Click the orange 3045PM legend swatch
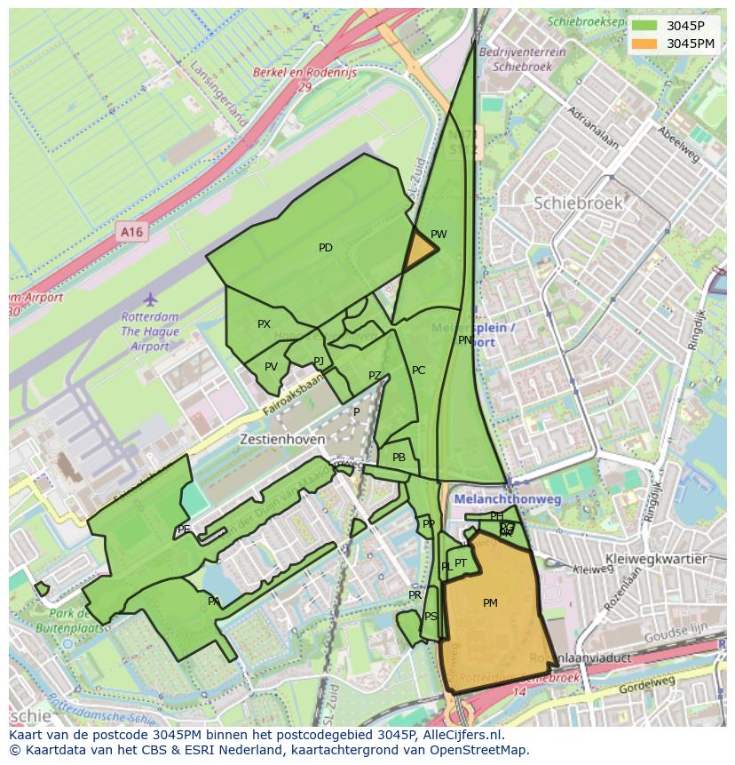[645, 44]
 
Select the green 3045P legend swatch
[645, 26]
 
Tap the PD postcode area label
[326, 248]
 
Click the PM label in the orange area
[490, 603]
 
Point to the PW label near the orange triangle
[439, 235]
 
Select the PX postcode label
[264, 324]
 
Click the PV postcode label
[271, 367]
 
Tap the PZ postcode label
[375, 376]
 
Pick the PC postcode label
[418, 371]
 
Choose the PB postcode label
[399, 458]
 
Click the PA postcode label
[214, 602]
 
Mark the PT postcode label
[461, 563]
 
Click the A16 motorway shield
[131, 233]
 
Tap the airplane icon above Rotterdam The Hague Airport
[150, 299]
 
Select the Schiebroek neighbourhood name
[577, 203]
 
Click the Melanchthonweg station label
[508, 500]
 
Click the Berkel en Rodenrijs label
[304, 74]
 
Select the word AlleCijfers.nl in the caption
[462, 735]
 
